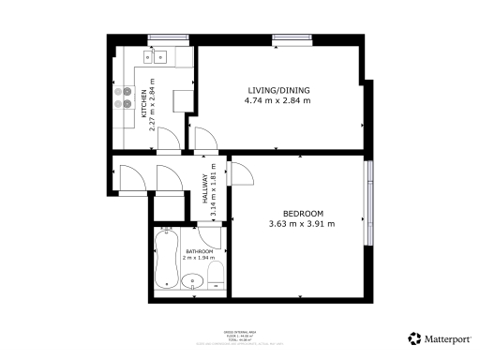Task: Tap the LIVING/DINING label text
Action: [277, 90]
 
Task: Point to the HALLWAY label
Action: [205, 194]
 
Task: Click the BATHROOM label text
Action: [199, 252]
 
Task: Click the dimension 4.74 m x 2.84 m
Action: [277, 100]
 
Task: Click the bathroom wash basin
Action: [194, 279]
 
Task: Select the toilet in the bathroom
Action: [215, 275]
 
